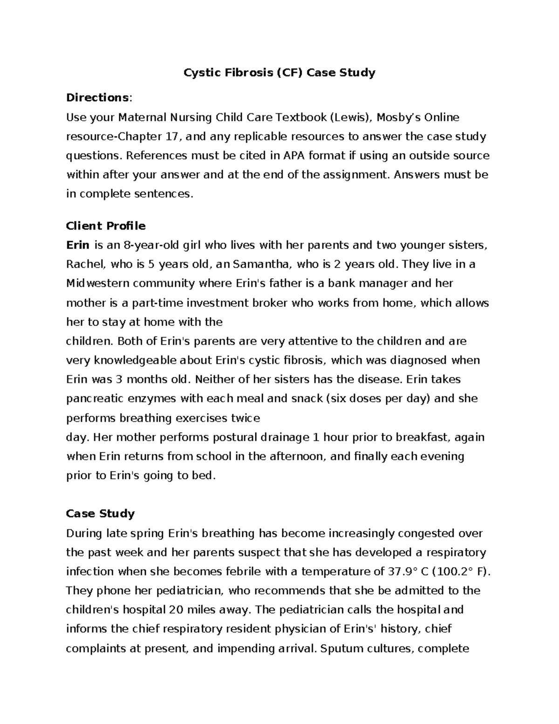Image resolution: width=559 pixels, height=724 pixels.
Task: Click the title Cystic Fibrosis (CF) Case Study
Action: [x=279, y=73]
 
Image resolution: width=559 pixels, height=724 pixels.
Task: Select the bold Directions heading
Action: [x=97, y=97]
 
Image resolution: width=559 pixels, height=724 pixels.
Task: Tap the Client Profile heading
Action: [x=106, y=226]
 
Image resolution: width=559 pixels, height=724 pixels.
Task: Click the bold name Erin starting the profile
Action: [x=78, y=245]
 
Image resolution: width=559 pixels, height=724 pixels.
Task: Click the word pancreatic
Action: [x=95, y=399]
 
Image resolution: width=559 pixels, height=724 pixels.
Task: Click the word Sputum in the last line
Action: [x=340, y=648]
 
